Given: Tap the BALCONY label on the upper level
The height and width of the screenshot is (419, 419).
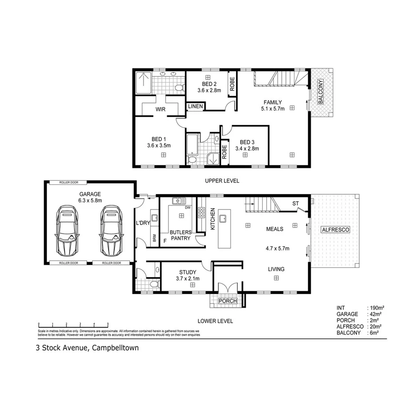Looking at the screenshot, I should coord(321,92).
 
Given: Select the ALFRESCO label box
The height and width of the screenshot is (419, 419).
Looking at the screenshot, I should coord(335,230).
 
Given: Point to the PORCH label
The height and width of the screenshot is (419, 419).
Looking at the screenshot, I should coord(227,301).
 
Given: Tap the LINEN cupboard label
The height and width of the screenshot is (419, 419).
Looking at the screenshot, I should coord(196,107).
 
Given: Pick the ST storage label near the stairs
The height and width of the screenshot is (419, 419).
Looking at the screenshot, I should coord(295,204).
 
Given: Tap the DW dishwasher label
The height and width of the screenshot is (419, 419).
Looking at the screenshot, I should coord(187,207).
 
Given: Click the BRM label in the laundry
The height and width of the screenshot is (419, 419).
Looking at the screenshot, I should coord(155,238).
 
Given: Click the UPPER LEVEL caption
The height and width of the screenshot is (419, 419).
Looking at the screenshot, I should coord(222,181).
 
